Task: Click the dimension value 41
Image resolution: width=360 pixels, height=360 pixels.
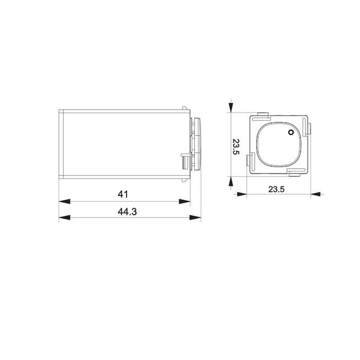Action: [x=123, y=194]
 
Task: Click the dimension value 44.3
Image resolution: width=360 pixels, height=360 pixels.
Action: [x=127, y=212]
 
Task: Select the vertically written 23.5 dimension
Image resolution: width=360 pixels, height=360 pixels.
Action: [x=236, y=147]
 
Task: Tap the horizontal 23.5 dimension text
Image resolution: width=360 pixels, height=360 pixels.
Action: [x=277, y=189]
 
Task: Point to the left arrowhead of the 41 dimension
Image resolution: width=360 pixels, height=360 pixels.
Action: [x=64, y=202]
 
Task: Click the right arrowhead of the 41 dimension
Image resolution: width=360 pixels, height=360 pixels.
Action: [x=185, y=202]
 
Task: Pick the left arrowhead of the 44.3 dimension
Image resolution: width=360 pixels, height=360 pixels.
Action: [x=64, y=218]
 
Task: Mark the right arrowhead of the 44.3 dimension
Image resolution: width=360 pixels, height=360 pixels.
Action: [x=195, y=218]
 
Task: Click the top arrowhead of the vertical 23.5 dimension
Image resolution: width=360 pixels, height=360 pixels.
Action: [x=231, y=107]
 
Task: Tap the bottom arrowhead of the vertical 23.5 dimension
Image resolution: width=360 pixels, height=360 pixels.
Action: [x=231, y=182]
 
